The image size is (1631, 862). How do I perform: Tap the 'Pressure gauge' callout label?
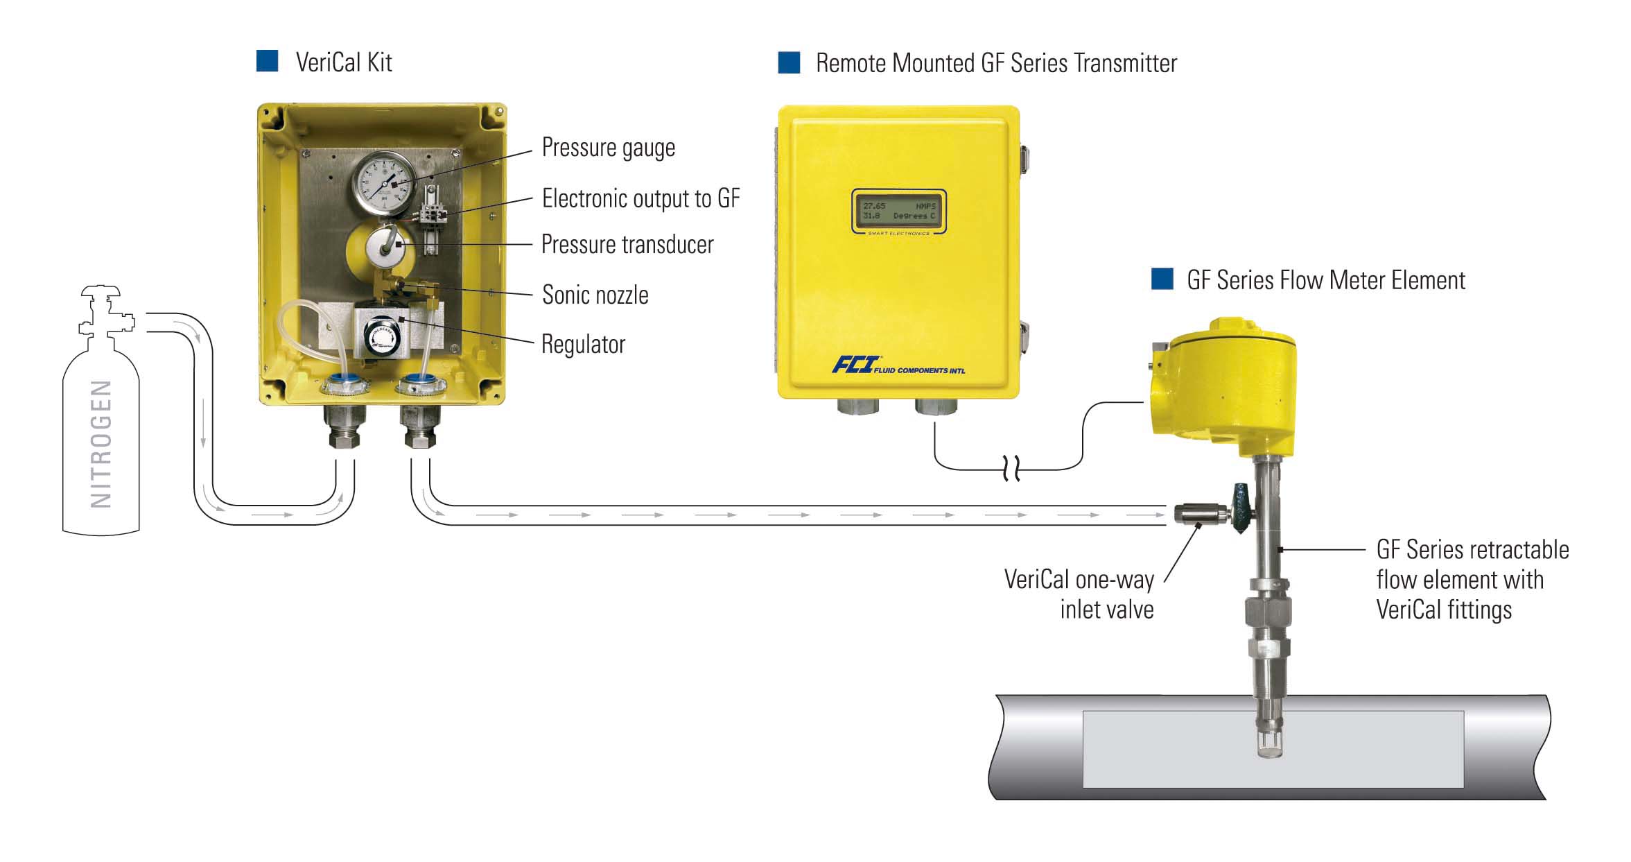[608, 148]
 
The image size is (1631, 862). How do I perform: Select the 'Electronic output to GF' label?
[640, 199]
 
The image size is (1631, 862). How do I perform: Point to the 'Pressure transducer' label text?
[627, 245]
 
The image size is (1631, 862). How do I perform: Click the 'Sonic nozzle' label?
[595, 295]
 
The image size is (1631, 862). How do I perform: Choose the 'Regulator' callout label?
[583, 345]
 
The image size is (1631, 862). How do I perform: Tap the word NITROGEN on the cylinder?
[101, 444]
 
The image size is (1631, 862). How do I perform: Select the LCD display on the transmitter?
[898, 211]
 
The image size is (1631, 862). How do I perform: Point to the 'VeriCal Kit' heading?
[343, 63]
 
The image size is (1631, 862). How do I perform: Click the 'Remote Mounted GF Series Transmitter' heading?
[996, 64]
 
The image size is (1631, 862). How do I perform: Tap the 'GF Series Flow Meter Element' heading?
[1325, 281]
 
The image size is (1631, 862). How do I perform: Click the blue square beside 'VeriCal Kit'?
[267, 62]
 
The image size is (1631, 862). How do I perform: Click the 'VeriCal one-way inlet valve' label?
[1079, 594]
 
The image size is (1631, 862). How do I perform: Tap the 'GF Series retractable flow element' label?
[1472, 580]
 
